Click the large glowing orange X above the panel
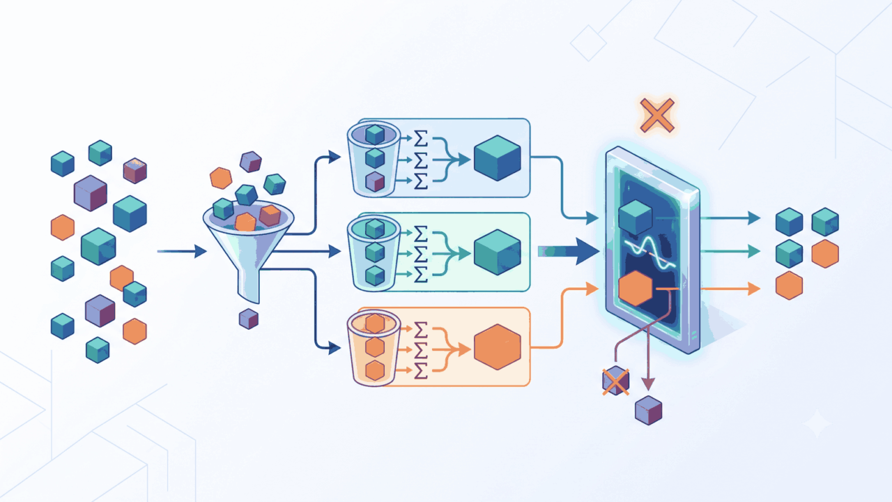[657, 116]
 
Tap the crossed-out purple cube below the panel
[615, 381]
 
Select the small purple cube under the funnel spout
[249, 319]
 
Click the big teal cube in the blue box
[498, 158]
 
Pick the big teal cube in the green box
[498, 252]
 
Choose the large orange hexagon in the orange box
[498, 347]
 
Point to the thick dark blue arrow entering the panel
[569, 252]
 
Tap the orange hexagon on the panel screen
[636, 289]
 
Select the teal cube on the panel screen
[636, 218]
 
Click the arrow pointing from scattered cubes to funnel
[182, 252]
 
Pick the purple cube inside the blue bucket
[375, 182]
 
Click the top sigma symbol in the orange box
[421, 329]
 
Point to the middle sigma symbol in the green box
[421, 254]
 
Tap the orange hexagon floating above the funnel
[221, 178]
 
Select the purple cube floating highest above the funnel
[250, 162]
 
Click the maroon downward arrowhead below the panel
[648, 384]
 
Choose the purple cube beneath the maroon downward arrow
[648, 411]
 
